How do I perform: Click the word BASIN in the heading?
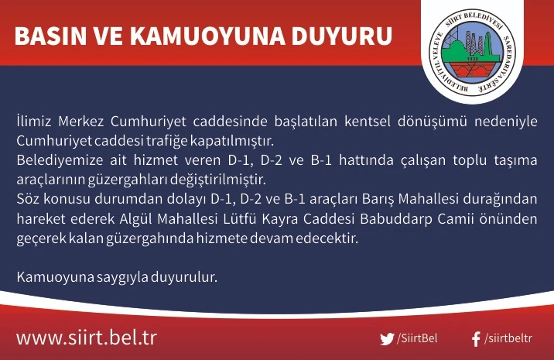[50, 36]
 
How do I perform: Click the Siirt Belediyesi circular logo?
[473, 51]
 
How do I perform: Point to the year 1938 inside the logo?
[473, 59]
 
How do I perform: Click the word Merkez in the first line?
[81, 122]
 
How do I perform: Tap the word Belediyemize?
[60, 160]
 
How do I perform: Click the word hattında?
[366, 160]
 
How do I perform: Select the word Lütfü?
[239, 219]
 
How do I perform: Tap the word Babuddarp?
[395, 219]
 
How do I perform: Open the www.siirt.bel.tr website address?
[86, 338]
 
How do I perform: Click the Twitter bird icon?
[387, 339]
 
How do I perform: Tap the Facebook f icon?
[476, 339]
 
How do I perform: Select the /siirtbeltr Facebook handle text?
[508, 338]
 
